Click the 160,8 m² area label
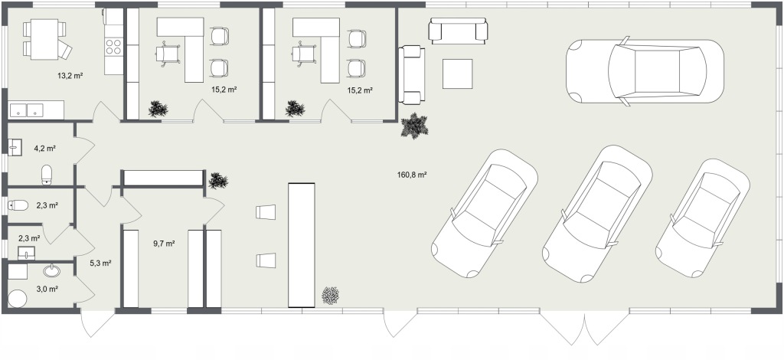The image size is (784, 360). coord(411,175)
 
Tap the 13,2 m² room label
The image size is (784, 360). coord(70,77)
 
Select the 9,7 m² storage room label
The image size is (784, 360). coord(164,244)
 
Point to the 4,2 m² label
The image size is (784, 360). coord(44,148)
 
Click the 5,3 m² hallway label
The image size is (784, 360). coord(100,263)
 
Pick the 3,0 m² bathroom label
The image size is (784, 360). coord(47,289)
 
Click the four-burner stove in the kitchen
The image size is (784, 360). coord(113,47)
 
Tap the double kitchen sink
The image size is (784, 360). coord(27,110)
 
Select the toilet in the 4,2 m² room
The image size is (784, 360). coord(47,175)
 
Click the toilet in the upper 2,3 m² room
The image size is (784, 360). coord(18,205)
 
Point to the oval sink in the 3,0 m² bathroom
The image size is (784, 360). coord(51,271)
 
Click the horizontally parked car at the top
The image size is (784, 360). coord(645,71)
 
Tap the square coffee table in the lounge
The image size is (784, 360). coord(458,74)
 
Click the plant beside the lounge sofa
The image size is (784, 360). coord(414,126)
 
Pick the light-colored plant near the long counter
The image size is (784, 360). coord(331,296)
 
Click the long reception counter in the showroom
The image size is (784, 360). coord(302,245)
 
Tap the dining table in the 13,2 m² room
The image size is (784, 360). coord(44,39)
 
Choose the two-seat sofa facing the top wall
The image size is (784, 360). coord(459,31)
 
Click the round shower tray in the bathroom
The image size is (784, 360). coord(17,299)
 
